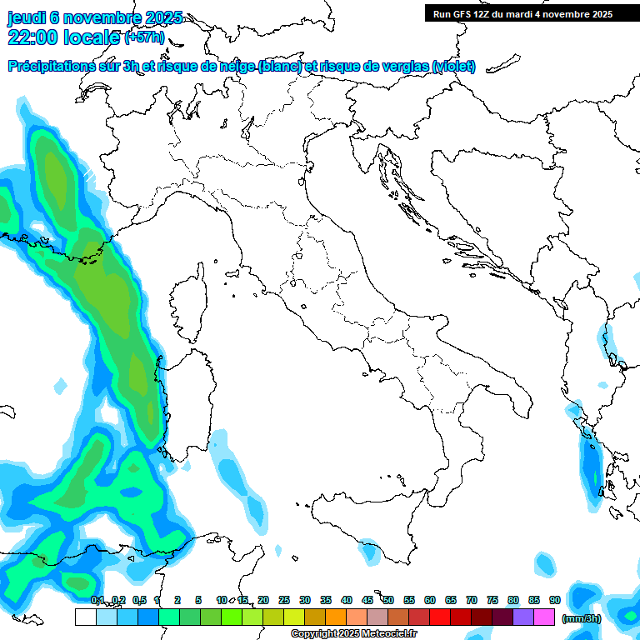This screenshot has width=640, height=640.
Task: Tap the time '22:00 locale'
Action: click(63, 37)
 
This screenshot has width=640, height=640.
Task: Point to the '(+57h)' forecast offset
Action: click(146, 37)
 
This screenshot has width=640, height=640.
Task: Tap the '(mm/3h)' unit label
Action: click(581, 617)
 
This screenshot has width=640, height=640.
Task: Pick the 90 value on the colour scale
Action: click(554, 600)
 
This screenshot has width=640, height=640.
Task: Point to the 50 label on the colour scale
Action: click(388, 600)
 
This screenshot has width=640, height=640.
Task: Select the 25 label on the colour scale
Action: click(284, 600)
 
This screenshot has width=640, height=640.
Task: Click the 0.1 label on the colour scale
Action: click(97, 600)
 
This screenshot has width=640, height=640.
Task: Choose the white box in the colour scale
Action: click(85, 617)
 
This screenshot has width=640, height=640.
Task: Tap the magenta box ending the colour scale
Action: click(544, 617)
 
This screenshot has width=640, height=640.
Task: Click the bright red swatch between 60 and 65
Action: click(440, 617)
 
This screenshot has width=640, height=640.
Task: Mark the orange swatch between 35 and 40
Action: click(336, 617)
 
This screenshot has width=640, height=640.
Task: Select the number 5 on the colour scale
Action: click(198, 600)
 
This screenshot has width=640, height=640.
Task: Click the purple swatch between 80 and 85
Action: click(523, 617)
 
